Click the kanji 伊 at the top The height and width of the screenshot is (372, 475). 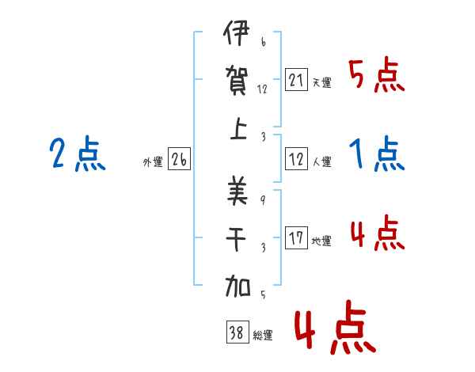(237, 32)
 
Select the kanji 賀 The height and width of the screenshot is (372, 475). (237, 81)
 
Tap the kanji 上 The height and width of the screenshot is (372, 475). (238, 128)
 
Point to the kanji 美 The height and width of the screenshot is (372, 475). (237, 190)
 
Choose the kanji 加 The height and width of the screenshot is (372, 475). (237, 286)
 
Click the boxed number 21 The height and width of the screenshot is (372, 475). (296, 80)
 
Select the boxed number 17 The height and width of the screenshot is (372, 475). (296, 237)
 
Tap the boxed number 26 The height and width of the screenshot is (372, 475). (179, 158)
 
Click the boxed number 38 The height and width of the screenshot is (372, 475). (237, 332)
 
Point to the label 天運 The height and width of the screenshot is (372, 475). (322, 82)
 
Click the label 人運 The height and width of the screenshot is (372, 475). (322, 161)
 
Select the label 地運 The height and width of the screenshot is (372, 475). (321, 241)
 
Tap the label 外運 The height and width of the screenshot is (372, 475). (153, 162)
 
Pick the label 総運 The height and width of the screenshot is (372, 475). (263, 335)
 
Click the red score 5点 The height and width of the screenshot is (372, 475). (376, 74)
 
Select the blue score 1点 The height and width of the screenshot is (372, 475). (377, 154)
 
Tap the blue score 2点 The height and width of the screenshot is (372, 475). (78, 154)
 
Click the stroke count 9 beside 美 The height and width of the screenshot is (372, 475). (263, 200)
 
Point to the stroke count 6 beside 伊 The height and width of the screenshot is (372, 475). (264, 41)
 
